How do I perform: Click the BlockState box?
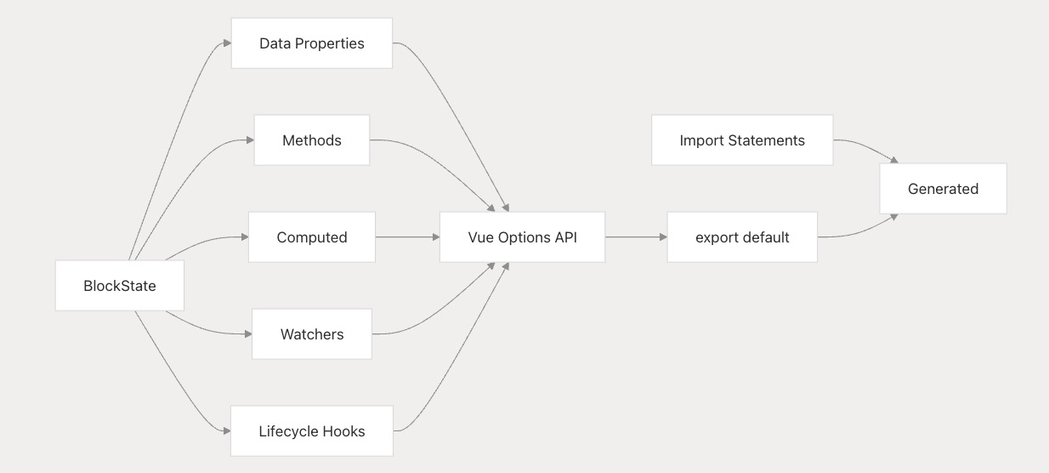tap(119, 286)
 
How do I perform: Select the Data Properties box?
tap(312, 43)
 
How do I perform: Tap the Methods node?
tap(312, 140)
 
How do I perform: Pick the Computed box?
tap(312, 237)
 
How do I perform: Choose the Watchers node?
tap(312, 334)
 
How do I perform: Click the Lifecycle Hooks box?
tap(312, 430)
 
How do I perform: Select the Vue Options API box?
tap(522, 237)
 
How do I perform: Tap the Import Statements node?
tap(742, 140)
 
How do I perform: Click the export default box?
tap(742, 237)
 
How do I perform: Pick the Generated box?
tap(943, 189)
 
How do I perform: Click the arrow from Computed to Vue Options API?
tap(407, 237)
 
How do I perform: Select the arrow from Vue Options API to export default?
tap(636, 237)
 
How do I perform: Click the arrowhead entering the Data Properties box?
tap(228, 43)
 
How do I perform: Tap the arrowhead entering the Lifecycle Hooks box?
tap(227, 430)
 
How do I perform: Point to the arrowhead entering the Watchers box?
tap(248, 334)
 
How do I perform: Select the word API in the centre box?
tap(565, 237)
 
